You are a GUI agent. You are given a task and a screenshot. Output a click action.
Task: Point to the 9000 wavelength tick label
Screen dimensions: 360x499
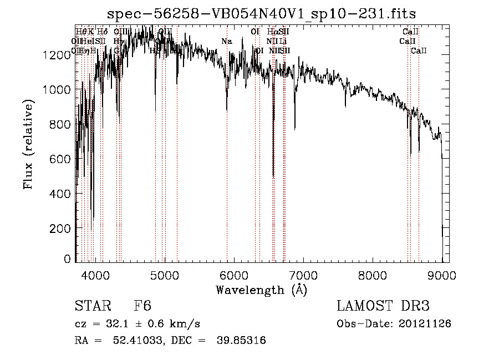coord(442,275)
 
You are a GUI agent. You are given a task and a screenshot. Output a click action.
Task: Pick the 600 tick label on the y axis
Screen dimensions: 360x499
coord(63,159)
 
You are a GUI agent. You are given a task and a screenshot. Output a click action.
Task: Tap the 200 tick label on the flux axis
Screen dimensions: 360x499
coord(63,228)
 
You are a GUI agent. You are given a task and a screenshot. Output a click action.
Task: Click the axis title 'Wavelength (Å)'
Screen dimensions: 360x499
coord(261,290)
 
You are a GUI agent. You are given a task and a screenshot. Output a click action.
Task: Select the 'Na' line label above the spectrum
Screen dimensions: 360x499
coord(226,42)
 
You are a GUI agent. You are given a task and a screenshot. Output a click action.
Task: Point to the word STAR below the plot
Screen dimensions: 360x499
coord(92,306)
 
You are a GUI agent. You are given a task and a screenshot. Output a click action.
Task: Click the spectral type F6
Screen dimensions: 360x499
coord(142,306)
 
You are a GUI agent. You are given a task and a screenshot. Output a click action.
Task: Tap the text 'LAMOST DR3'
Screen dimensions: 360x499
coord(383,306)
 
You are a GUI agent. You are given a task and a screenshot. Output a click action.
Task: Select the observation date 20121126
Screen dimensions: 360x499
coord(426,323)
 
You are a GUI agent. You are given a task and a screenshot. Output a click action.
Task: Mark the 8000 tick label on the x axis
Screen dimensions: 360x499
coord(373,275)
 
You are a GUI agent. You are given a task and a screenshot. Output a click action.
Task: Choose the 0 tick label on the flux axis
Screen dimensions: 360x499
coord(68,259)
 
